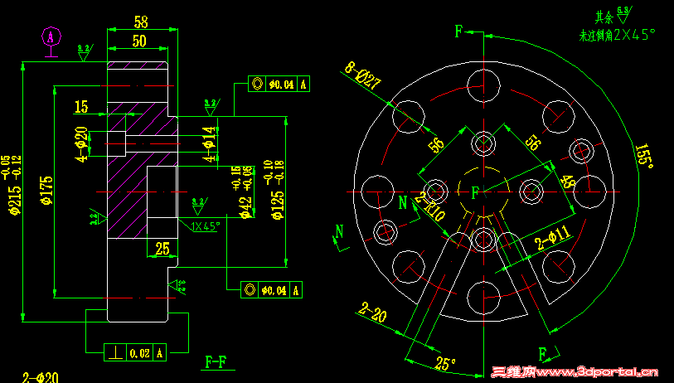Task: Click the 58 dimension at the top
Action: [x=140, y=21]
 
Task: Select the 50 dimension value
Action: [x=138, y=40]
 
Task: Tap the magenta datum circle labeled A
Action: [x=51, y=36]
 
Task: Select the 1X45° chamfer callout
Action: [x=204, y=226]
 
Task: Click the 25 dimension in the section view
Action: [x=162, y=247]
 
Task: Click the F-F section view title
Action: [x=218, y=361]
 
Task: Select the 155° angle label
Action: [x=644, y=156]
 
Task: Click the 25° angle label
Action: [x=446, y=363]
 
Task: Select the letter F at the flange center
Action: [x=475, y=192]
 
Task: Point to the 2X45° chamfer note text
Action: [x=629, y=35]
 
